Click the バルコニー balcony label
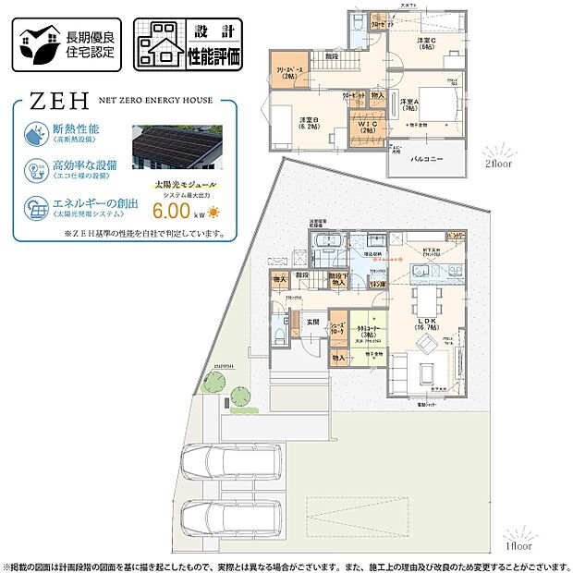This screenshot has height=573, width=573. (x=428, y=159)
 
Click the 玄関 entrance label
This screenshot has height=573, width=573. (x=312, y=322)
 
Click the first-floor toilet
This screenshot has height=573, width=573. (x=279, y=336)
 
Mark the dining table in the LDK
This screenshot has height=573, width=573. (x=427, y=298)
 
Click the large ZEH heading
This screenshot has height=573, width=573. (x=48, y=99)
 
